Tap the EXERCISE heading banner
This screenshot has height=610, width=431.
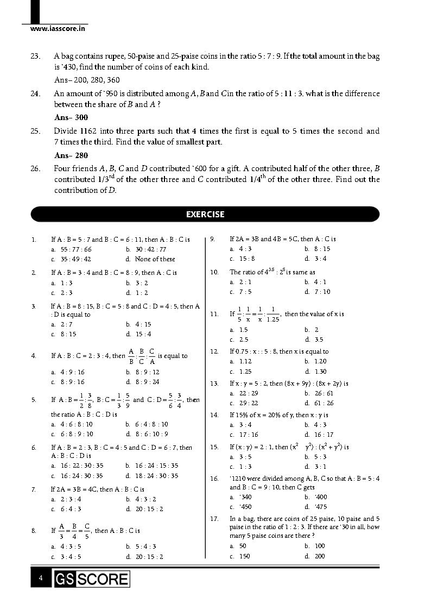pos(205,214)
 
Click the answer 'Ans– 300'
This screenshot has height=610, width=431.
pos(71,117)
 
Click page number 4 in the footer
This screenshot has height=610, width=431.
pos(41,578)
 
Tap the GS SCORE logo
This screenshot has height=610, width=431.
pos(92,579)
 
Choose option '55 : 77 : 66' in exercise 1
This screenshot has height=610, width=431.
pos(75,249)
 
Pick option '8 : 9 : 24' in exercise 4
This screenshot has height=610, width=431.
pos(147,382)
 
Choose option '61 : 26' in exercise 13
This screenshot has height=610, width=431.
pos(324,403)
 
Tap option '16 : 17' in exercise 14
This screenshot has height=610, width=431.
pos(324,435)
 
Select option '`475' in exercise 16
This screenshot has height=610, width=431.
pos(320,507)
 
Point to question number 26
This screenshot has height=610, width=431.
pos(35,169)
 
